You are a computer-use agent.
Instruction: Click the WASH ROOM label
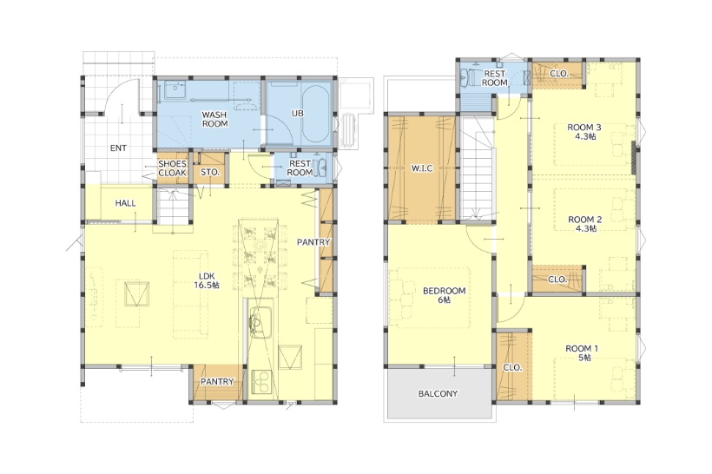coord(214,120)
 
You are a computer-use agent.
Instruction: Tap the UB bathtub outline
coord(316,114)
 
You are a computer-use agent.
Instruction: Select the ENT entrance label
coord(118,148)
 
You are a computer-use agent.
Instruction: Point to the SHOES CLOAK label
coord(173,168)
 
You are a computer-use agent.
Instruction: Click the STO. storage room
coord(210,169)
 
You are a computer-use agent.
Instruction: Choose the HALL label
coord(125,203)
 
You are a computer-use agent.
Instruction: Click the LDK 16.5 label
coord(207,280)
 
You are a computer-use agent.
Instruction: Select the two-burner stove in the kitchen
coord(261,381)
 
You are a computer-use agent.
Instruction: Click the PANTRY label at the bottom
coord(217,382)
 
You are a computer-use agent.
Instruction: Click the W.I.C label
coord(422,168)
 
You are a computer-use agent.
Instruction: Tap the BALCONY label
coord(438,393)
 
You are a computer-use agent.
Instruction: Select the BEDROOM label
coord(444,295)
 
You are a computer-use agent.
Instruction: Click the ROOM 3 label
coord(585,132)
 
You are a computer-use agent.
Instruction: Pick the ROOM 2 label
coord(585,224)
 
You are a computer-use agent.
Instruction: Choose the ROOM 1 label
coord(582,352)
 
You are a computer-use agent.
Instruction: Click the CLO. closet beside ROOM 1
coord(513,367)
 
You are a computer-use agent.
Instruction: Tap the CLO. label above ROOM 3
coord(559,74)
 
